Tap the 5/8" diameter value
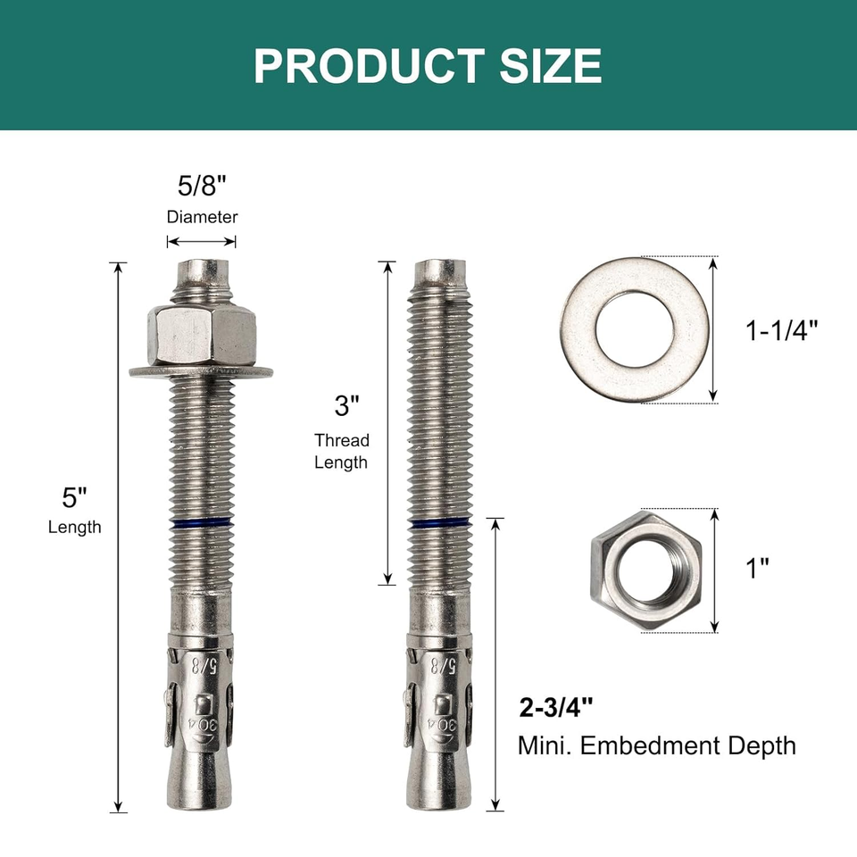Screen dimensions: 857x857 [x=202, y=187]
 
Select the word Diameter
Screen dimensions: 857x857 [x=202, y=217]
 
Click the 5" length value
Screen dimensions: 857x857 [x=75, y=496]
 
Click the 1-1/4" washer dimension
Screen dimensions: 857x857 [x=781, y=330]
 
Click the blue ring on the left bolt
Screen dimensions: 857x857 [x=201, y=524]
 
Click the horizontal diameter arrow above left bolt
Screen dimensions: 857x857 [x=202, y=241]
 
